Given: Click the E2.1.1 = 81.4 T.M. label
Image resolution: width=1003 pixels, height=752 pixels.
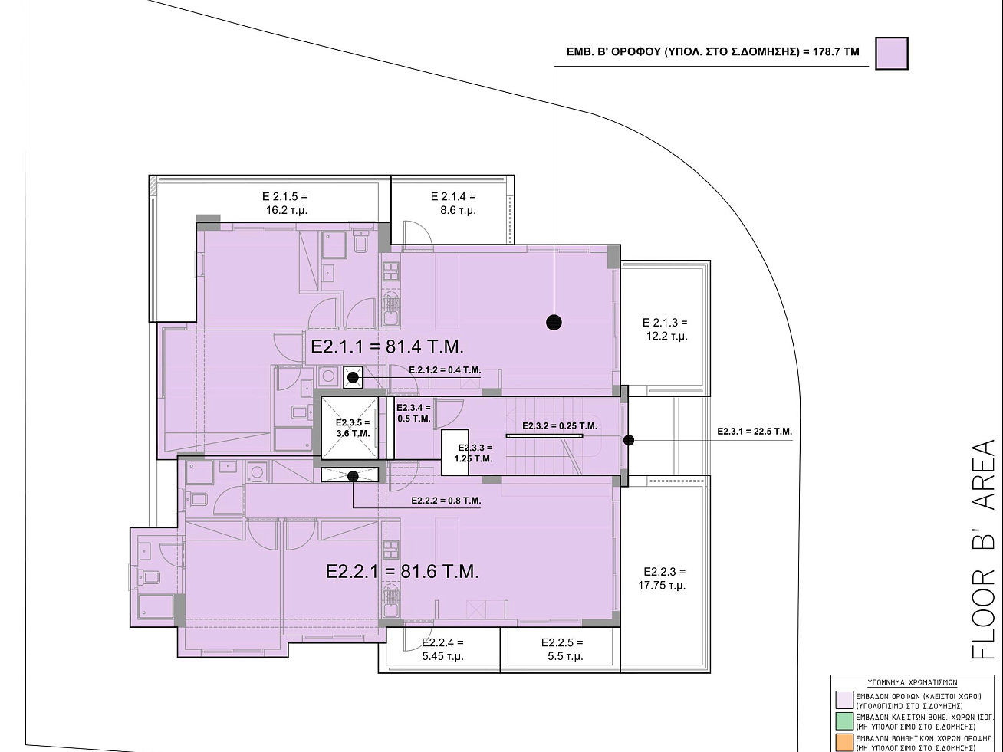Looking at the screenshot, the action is coord(387,347).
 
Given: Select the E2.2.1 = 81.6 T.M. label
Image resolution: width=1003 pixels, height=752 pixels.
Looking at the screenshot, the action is coord(402,572).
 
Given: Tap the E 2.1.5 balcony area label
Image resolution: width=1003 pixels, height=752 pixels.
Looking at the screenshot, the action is coord(285,203).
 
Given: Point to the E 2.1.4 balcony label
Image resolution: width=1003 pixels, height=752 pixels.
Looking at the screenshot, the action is coord(453,203).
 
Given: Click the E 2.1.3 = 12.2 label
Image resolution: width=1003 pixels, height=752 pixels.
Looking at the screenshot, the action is coord(666,329).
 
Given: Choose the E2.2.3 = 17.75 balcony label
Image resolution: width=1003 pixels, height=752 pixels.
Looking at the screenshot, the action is coord(663,579).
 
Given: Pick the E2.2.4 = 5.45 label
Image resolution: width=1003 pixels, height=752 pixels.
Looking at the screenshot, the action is coord(442,649).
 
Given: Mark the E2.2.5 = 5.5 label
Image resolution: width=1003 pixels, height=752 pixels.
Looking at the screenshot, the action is coord(562,649).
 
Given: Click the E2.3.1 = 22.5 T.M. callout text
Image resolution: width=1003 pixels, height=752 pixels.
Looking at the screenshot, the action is coord(755,432).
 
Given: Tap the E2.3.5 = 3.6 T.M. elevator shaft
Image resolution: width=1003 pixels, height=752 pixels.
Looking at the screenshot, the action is coord(350,428).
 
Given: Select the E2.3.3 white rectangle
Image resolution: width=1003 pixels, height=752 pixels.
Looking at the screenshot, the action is coord(455,452).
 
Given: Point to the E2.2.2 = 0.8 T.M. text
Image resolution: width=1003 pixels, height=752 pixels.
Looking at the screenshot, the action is coord(446,501).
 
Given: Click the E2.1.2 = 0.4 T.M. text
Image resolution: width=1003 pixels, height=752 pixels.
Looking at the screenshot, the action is coord(445,370).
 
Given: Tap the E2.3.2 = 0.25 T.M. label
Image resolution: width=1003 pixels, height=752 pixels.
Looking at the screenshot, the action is coord(560,426).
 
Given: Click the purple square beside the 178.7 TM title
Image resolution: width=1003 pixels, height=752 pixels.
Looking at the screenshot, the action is coord(892,54).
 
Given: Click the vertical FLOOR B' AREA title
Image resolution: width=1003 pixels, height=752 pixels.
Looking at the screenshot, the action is coord(983,550).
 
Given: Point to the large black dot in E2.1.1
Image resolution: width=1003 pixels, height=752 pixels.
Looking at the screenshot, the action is coord(554,323).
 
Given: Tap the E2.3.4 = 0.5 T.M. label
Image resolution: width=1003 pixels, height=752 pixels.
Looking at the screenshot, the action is coord(413,413).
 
